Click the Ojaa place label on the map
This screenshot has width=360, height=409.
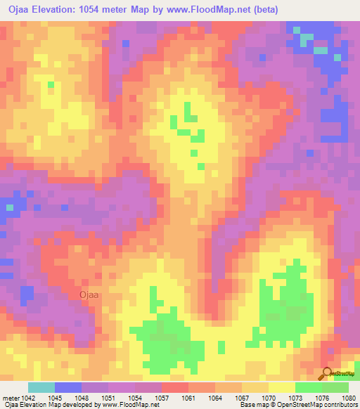pos(90,295)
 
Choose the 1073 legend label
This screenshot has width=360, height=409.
pos(297,397)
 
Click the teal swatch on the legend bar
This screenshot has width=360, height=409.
pos(41,387)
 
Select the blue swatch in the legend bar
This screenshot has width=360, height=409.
pos(67,387)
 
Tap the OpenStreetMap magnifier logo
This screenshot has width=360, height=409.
pos(327,373)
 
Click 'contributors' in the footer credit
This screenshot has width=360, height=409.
pos(340,405)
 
